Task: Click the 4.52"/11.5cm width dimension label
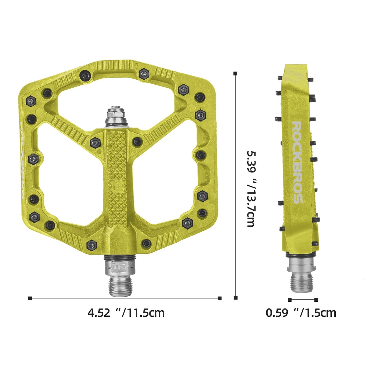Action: [126, 313]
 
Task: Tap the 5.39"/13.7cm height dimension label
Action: [251, 189]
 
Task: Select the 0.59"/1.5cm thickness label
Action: [301, 313]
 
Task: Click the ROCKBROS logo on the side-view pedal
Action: [297, 162]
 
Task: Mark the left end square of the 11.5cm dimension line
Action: [30, 298]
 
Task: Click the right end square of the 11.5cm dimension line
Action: [220, 298]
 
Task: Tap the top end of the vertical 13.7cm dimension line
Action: [235, 74]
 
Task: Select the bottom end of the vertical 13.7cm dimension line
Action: [235, 298]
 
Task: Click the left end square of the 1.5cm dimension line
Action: [290, 300]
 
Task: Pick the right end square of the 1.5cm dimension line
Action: [316, 300]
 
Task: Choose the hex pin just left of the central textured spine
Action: [95, 143]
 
